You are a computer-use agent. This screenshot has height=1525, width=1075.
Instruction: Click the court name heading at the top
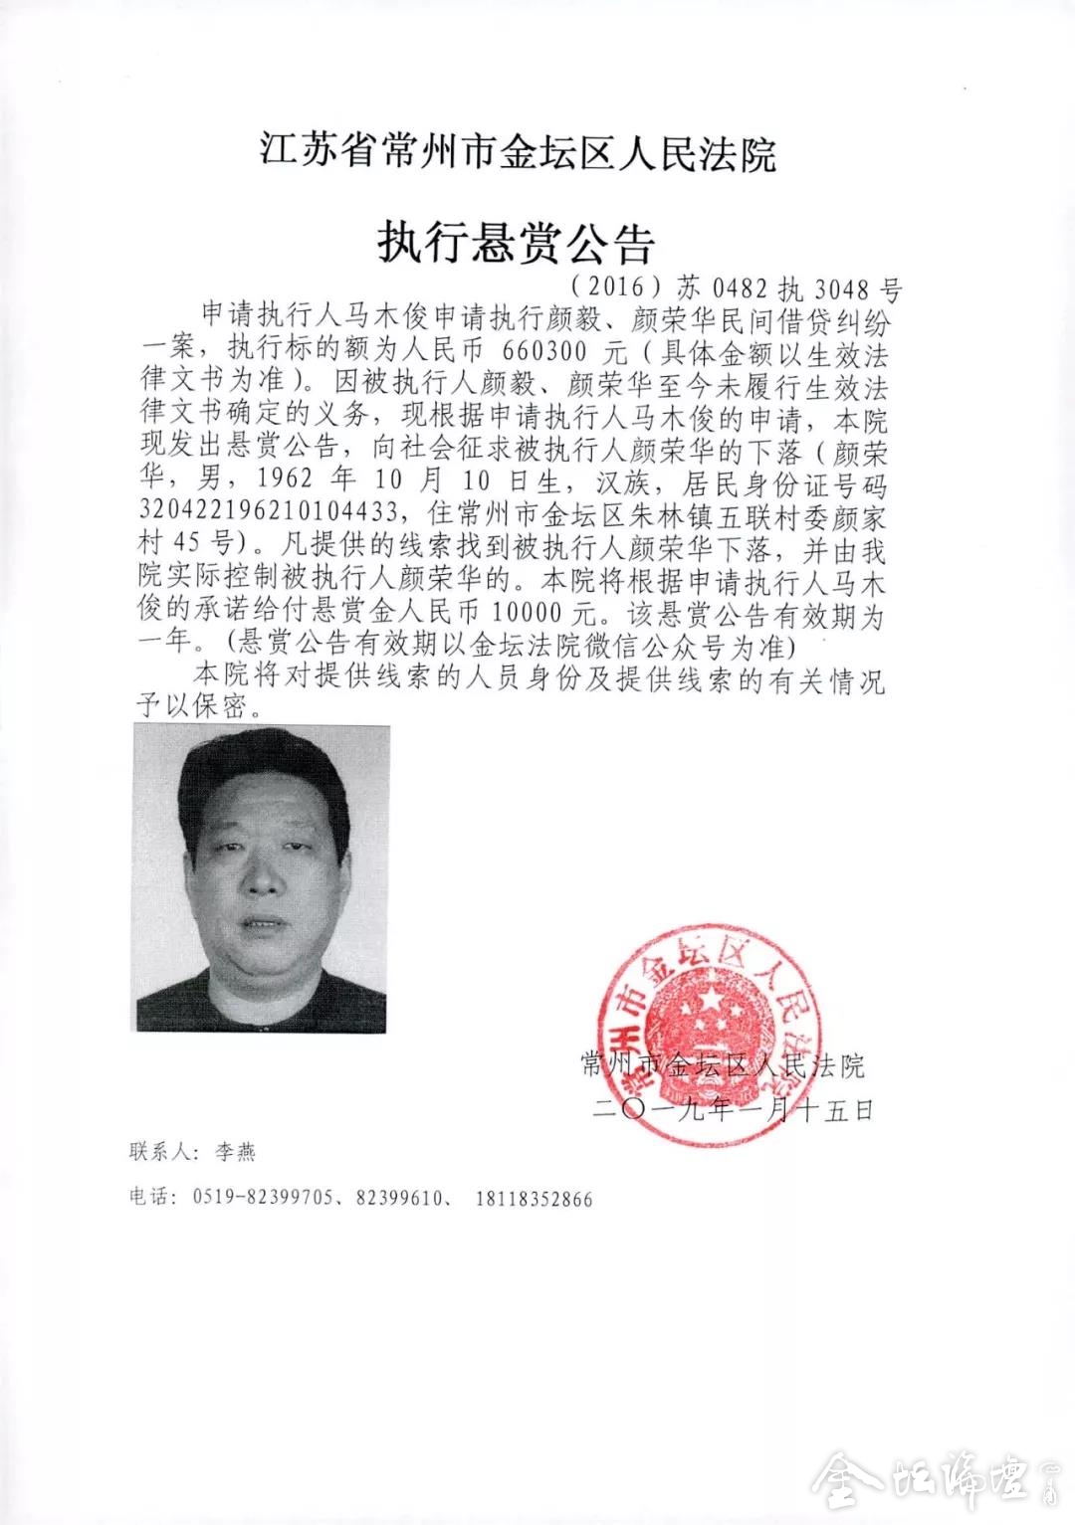(519, 154)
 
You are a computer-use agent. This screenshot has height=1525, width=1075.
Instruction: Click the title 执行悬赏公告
(516, 242)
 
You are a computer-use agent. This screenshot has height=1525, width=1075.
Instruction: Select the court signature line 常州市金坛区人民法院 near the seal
(723, 1067)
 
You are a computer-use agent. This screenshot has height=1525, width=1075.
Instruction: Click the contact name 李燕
(235, 1152)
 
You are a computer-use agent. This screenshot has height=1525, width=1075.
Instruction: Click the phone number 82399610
(398, 1199)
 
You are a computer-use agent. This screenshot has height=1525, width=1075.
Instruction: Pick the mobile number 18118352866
(534, 1199)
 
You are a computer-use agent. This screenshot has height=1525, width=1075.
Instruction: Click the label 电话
(150, 1198)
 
